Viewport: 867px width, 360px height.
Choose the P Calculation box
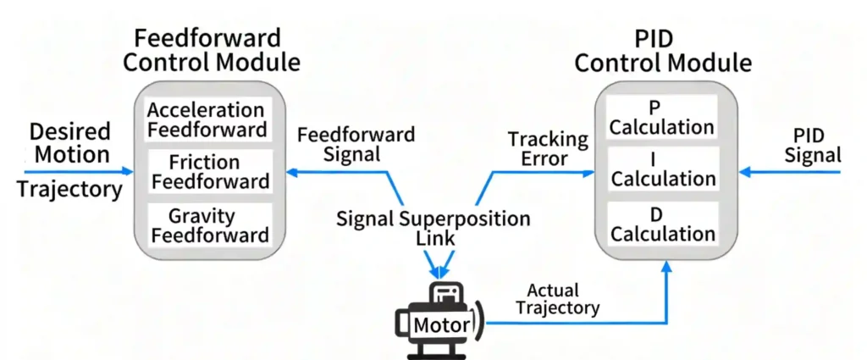tap(662, 117)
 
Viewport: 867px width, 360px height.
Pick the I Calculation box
tap(662, 169)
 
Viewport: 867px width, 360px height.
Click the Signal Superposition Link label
tap(433, 228)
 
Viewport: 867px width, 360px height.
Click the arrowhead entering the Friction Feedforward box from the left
tap(128, 171)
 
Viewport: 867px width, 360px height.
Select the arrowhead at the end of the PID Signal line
tap(745, 172)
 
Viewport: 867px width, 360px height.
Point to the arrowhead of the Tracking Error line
tap(589, 172)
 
